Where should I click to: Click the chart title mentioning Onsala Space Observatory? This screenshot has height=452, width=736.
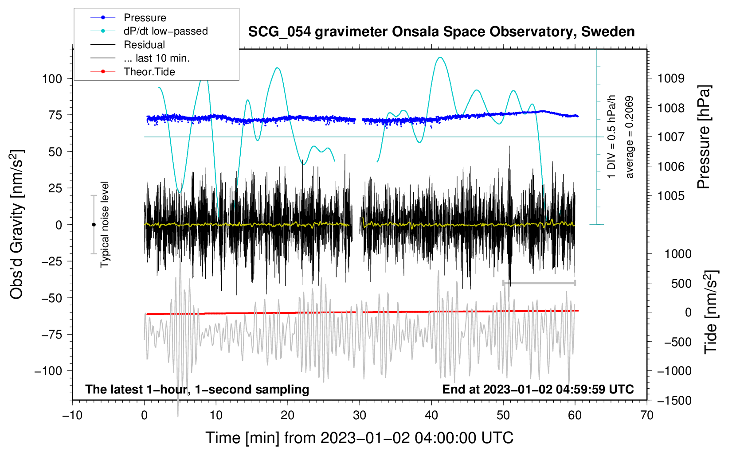(x=441, y=31)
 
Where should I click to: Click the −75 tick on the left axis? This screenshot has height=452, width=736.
(x=51, y=335)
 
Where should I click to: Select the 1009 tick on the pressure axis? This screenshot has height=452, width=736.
(x=671, y=78)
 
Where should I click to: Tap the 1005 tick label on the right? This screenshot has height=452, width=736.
(x=671, y=196)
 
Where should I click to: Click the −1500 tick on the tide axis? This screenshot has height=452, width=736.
(x=674, y=401)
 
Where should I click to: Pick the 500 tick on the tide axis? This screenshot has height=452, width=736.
(x=681, y=284)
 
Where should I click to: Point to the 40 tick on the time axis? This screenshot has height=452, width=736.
(x=431, y=416)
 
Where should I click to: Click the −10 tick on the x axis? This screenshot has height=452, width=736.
(x=72, y=416)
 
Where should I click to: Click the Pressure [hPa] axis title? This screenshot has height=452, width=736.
(x=704, y=137)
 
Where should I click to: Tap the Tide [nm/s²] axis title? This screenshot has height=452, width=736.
(x=711, y=312)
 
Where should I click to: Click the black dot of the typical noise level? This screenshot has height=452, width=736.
(x=94, y=225)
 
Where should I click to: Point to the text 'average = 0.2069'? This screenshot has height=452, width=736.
(x=629, y=137)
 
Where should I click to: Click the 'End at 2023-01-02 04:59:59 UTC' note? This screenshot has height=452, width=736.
(x=538, y=389)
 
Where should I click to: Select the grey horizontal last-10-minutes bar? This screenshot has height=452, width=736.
(x=539, y=283)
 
